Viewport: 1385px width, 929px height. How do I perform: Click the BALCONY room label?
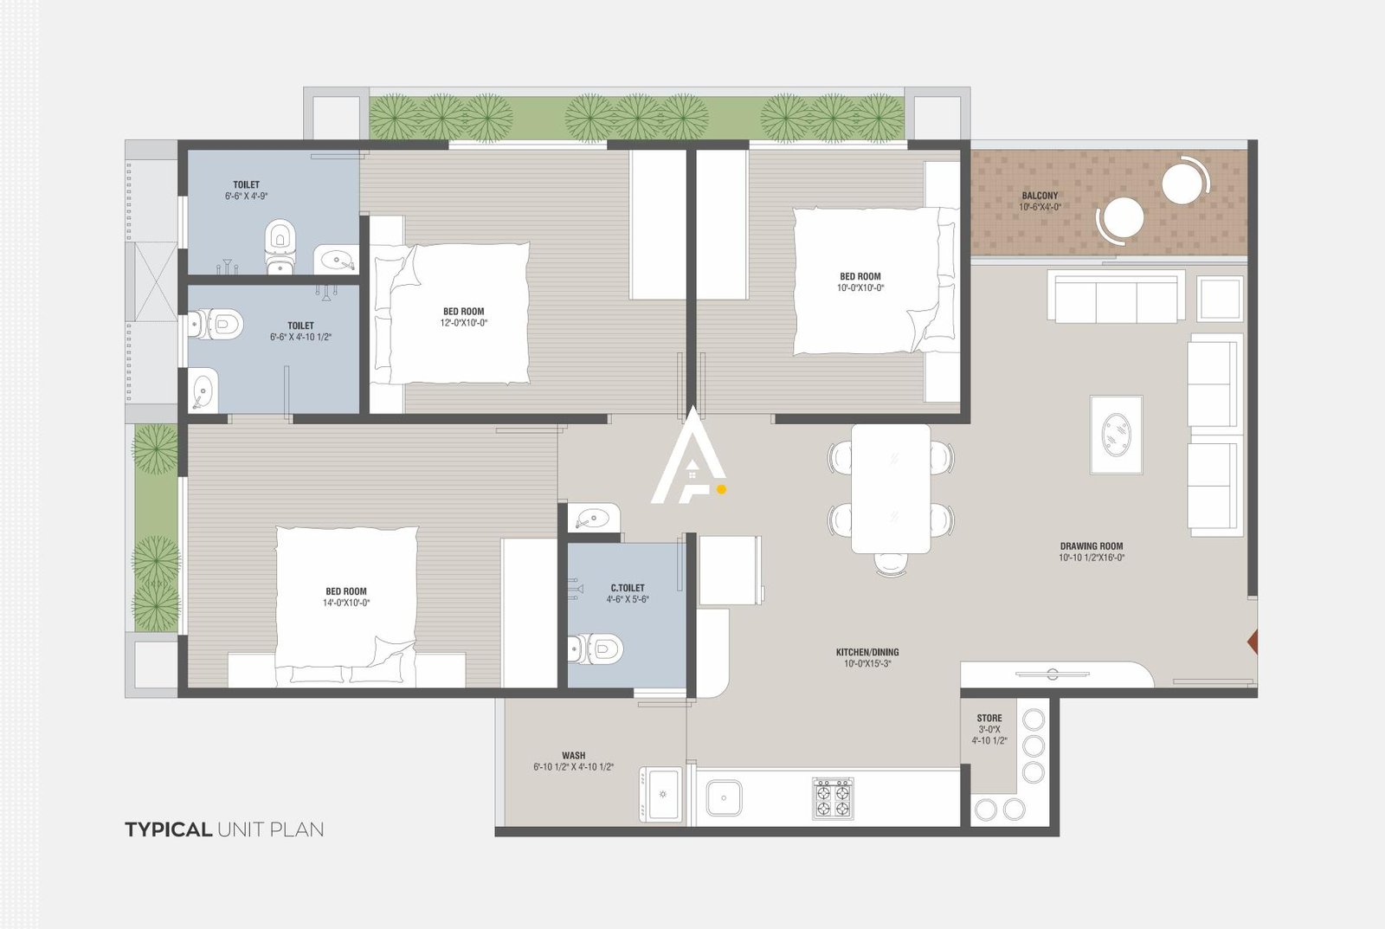pyautogui.click(x=1039, y=196)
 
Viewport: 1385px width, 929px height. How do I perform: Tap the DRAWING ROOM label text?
pyautogui.click(x=1091, y=546)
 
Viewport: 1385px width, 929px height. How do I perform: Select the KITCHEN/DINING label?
pyautogui.click(x=866, y=652)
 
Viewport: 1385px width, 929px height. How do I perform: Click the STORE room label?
pyautogui.click(x=989, y=718)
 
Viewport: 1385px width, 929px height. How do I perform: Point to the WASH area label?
pyautogui.click(x=573, y=755)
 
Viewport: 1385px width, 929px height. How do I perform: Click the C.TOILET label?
pyautogui.click(x=627, y=588)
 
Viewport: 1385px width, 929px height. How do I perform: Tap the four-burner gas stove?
pyautogui.click(x=832, y=798)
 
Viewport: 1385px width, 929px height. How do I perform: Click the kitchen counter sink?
pyautogui.click(x=724, y=797)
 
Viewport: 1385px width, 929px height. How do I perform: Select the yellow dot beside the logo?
pyautogui.click(x=722, y=489)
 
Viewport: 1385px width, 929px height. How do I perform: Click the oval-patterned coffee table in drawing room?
pyautogui.click(x=1116, y=435)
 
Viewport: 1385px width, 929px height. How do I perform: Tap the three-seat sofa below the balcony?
pyautogui.click(x=1116, y=298)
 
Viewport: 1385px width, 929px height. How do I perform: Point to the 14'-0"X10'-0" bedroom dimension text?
pyautogui.click(x=346, y=603)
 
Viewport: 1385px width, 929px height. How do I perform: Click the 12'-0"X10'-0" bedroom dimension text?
pyautogui.click(x=463, y=323)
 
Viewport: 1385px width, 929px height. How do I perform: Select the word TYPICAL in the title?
pyautogui.click(x=168, y=829)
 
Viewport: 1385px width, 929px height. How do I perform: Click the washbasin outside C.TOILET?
pyautogui.click(x=593, y=519)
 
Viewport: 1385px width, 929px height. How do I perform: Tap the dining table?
pyautogui.click(x=891, y=488)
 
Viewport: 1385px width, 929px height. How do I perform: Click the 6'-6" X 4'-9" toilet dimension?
pyautogui.click(x=246, y=197)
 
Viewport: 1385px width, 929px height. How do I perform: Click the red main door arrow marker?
pyautogui.click(x=1252, y=642)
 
